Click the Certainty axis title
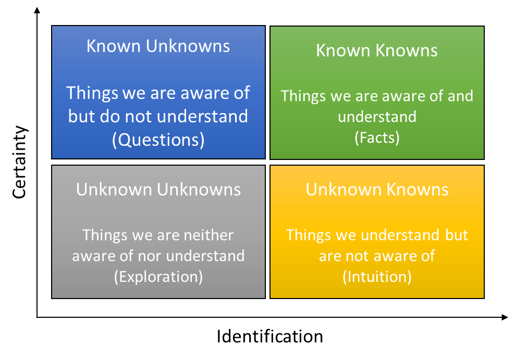click(x=19, y=162)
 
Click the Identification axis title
click(x=269, y=337)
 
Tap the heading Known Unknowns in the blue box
click(x=158, y=46)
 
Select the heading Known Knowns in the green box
click(x=377, y=51)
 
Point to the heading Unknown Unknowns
click(x=158, y=189)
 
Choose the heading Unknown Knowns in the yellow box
click(x=377, y=189)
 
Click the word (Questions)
click(x=158, y=140)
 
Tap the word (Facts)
click(x=377, y=138)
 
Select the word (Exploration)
click(x=158, y=277)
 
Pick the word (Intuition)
click(x=377, y=277)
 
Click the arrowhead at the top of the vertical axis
click(x=37, y=10)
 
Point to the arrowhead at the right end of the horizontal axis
click(x=505, y=317)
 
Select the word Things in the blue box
click(x=92, y=93)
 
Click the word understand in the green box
click(x=377, y=117)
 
